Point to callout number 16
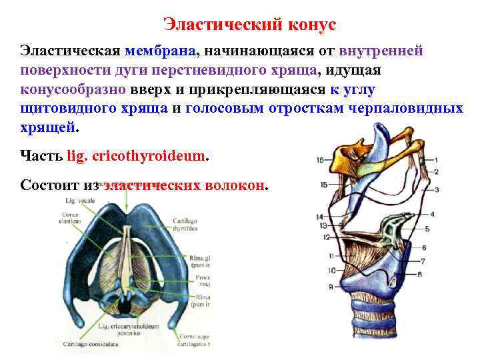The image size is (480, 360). click(x=321, y=160)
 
